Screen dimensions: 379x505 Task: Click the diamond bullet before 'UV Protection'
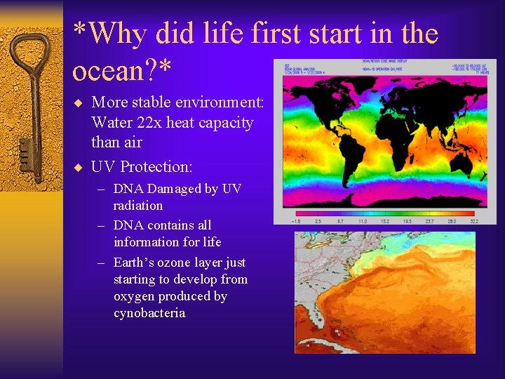[x=79, y=167]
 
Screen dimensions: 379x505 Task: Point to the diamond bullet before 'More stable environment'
[x=79, y=102]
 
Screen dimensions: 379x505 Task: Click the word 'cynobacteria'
[x=149, y=313]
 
